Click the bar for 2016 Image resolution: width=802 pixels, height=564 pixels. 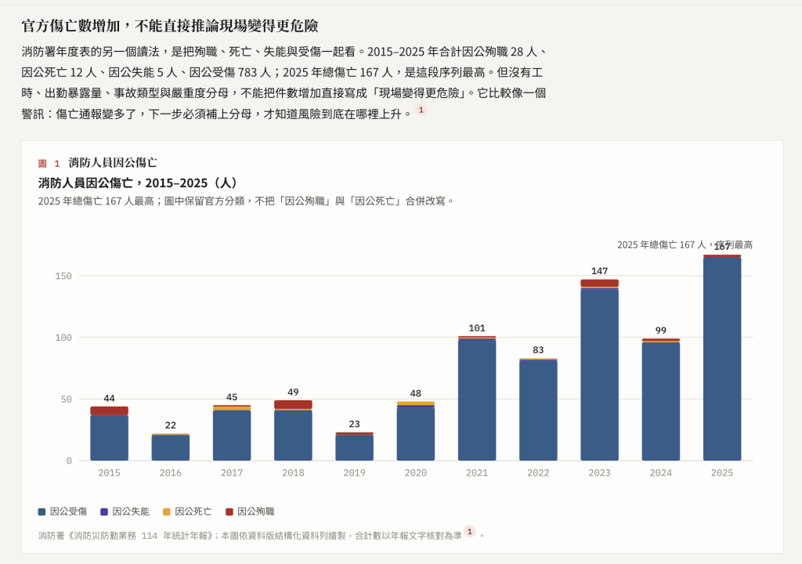[x=170, y=446]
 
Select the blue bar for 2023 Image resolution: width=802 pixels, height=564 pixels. [x=599, y=374]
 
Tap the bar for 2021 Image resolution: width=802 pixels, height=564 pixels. [x=477, y=398]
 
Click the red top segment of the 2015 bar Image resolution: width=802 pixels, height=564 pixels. [x=110, y=410]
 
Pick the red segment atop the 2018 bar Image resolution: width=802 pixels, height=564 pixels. [x=293, y=404]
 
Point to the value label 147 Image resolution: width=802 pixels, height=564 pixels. [x=599, y=271]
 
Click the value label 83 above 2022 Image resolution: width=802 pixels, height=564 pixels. [x=538, y=349]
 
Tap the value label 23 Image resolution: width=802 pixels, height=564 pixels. [x=355, y=424]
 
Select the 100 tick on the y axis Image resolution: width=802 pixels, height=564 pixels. [x=63, y=338]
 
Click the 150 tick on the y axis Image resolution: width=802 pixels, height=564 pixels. [x=63, y=276]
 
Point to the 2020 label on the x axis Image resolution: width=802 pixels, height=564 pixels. [x=415, y=473]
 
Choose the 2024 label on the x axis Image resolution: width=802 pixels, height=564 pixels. [x=661, y=473]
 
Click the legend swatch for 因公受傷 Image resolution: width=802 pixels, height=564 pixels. [x=42, y=512]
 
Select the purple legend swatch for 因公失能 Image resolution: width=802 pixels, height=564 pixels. [x=104, y=512]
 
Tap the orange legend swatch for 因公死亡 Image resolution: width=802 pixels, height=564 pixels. [x=166, y=512]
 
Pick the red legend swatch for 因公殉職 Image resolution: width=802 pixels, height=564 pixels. [x=229, y=512]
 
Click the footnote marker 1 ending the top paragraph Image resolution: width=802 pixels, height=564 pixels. [x=421, y=110]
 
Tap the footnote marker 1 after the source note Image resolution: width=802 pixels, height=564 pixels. [x=470, y=531]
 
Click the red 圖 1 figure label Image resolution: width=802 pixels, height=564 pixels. [x=49, y=163]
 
